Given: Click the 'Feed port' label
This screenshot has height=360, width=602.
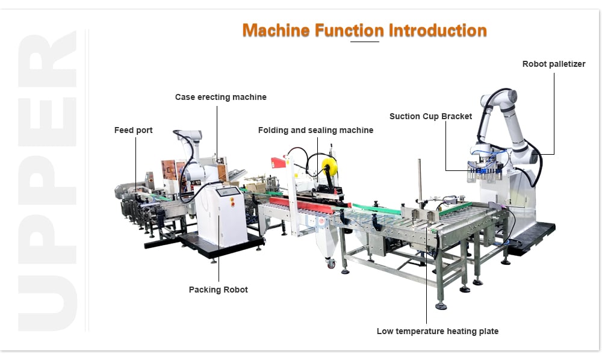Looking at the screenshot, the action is [133, 130].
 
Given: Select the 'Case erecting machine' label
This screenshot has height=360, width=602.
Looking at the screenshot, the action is [221, 97].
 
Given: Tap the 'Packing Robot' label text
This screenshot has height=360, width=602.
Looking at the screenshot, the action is [218, 290].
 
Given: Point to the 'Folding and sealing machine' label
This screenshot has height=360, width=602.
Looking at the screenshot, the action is [315, 130].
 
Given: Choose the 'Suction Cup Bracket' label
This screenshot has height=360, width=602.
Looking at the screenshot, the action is [431, 116].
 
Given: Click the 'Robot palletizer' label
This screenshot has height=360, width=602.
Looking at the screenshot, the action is [554, 64].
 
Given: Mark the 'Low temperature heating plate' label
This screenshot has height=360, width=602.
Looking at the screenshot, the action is [438, 331].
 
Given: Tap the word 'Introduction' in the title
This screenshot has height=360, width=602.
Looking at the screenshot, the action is [438, 30].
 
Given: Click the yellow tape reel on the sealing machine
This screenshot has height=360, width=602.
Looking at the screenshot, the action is [330, 167].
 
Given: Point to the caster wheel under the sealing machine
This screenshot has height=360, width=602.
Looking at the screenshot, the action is [331, 264].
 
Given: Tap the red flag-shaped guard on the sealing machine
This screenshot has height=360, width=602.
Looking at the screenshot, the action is [278, 163].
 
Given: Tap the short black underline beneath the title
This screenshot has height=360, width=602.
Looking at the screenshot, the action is [364, 42].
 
